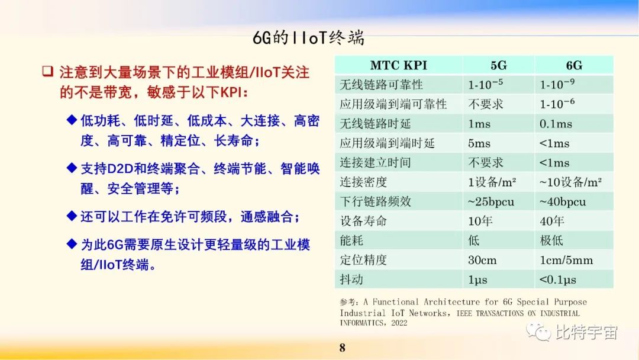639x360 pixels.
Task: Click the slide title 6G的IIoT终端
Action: coord(308,38)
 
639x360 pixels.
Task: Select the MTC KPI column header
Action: coord(398,65)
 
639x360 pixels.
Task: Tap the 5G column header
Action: coord(498,65)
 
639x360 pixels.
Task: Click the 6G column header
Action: coord(573,65)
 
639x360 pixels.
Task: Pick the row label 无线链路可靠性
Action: coord(381,85)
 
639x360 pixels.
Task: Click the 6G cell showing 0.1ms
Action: coord(556,124)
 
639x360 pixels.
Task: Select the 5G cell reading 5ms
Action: coord(479,143)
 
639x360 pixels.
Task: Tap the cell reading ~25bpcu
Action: coord(491,202)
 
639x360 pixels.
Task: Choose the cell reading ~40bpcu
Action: coord(563,202)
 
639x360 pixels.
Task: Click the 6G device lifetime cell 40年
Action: coord(551,221)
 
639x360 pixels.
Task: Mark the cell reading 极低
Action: coord(551,240)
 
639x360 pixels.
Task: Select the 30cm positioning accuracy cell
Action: coord(482,260)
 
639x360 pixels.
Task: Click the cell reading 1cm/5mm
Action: coord(566,260)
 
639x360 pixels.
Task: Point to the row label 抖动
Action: coord(351,279)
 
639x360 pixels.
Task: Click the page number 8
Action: coord(342,348)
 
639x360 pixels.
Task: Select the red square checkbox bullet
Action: coord(47,72)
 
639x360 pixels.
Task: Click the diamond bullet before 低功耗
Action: coord(72,121)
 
